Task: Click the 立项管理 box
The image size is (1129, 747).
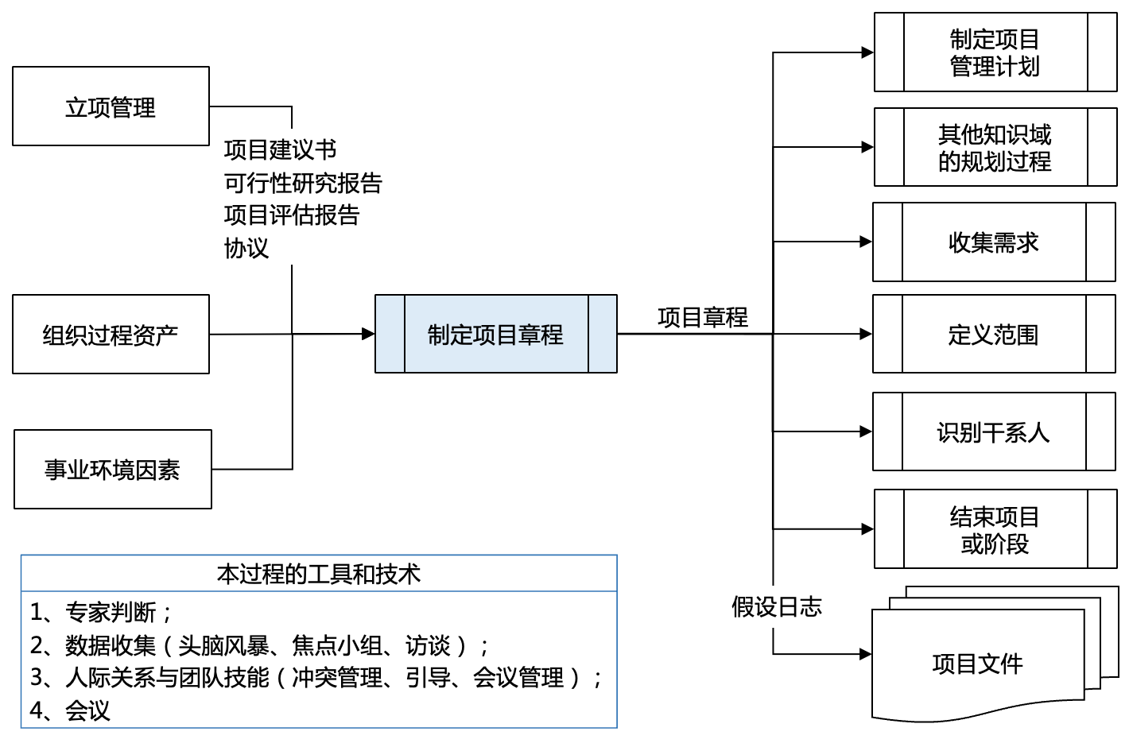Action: (x=111, y=106)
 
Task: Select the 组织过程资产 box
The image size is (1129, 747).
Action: (x=111, y=335)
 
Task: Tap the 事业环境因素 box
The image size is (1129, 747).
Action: (x=112, y=470)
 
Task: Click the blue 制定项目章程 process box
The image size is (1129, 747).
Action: (x=495, y=334)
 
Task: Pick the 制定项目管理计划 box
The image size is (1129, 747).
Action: (x=995, y=52)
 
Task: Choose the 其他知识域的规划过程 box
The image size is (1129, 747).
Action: (x=995, y=148)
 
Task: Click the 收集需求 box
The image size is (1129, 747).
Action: (x=993, y=242)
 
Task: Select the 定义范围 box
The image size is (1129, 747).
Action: (x=993, y=335)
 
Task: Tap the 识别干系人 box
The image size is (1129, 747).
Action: (x=993, y=432)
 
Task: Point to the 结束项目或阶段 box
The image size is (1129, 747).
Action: (x=995, y=530)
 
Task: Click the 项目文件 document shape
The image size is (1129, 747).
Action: (x=977, y=664)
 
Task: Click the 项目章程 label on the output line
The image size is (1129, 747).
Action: (x=703, y=318)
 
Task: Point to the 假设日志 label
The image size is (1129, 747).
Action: (x=777, y=607)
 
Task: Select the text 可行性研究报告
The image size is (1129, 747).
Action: (x=303, y=183)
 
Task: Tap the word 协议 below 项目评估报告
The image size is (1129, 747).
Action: (x=246, y=248)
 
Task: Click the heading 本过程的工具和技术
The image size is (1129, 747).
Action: (x=318, y=574)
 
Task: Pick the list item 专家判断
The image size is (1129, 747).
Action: (x=111, y=612)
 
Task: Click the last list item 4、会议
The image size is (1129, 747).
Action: (x=70, y=710)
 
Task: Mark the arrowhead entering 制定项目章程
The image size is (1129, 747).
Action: (x=368, y=334)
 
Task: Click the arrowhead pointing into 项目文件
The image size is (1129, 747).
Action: (x=865, y=655)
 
